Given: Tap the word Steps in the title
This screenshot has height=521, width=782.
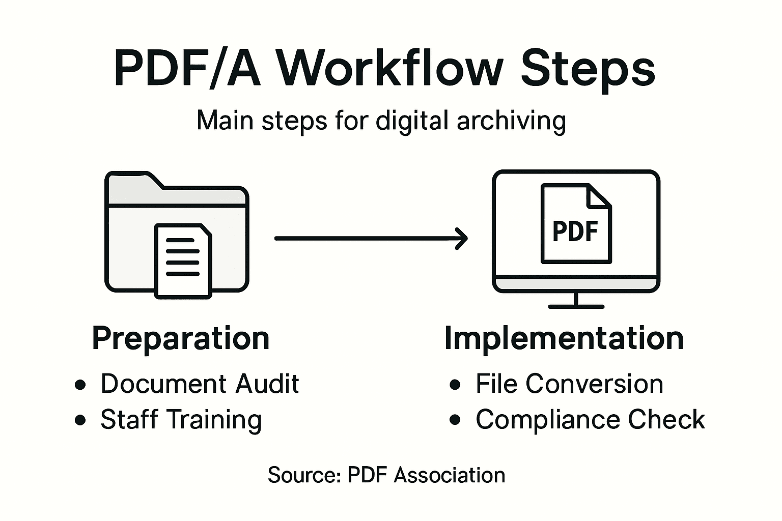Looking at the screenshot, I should click(x=588, y=69).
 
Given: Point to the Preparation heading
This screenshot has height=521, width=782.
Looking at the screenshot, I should click(x=181, y=338).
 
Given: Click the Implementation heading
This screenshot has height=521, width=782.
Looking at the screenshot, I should click(x=564, y=338).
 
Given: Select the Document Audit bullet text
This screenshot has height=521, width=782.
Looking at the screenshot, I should click(x=200, y=384).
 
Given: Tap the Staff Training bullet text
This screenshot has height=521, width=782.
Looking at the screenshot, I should click(x=181, y=420).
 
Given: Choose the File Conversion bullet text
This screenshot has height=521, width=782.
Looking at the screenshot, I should click(x=569, y=384).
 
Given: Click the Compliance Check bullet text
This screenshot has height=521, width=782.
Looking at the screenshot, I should click(x=590, y=420).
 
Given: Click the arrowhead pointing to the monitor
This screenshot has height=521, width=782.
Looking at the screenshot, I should click(x=462, y=238).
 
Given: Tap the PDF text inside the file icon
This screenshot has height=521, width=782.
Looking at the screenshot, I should click(x=575, y=231).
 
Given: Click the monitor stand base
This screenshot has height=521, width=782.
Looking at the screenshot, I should click(x=576, y=306).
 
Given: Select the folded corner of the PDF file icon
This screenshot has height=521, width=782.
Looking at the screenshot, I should click(x=600, y=196).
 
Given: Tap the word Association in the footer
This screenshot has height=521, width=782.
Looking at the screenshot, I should click(x=450, y=475).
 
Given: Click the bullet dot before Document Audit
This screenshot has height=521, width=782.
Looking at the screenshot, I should click(x=80, y=385).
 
